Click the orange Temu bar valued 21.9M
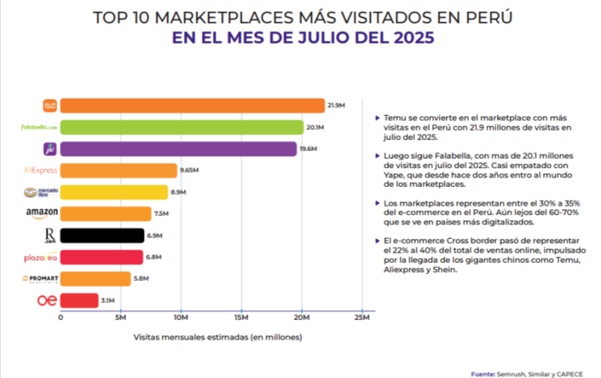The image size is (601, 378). (x=192, y=106)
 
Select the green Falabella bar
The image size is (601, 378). (x=182, y=127)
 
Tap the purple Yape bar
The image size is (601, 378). (x=178, y=149)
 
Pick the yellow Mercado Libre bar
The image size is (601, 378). (x=113, y=192)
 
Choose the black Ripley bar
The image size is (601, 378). (x=102, y=235)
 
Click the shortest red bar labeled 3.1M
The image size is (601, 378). (x=79, y=300)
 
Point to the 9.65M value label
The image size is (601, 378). (x=189, y=170)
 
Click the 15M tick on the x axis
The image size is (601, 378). (x=240, y=318)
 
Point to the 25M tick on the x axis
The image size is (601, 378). (x=362, y=318)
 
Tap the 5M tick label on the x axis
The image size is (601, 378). (x=120, y=318)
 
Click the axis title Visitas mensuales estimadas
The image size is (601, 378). (x=217, y=337)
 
